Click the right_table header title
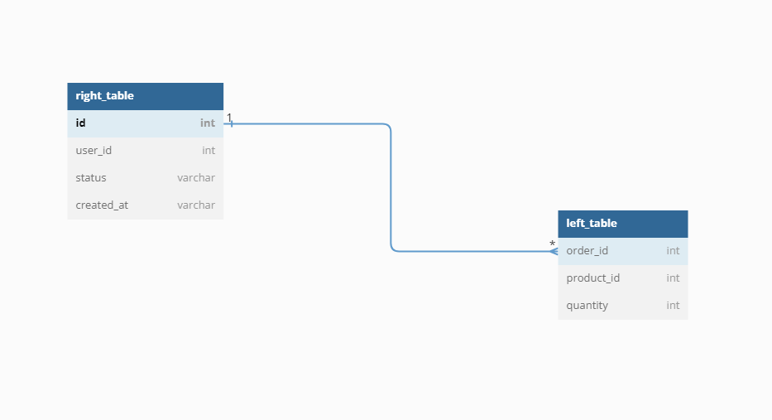[104, 95]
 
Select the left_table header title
[592, 224]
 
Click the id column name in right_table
[81, 123]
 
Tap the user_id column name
[94, 150]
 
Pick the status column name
[91, 177]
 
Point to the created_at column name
[102, 205]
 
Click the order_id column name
[587, 250]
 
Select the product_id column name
[592, 278]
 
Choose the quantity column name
[587, 306]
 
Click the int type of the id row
[208, 123]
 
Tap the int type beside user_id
[209, 150]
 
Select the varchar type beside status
[196, 177]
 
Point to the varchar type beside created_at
[196, 205]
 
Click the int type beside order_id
[673, 250]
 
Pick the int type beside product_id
[673, 278]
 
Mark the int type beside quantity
[673, 306]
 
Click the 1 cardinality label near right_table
[229, 118]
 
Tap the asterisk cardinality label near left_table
[553, 244]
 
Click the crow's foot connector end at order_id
[554, 251]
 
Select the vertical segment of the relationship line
[391, 187]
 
